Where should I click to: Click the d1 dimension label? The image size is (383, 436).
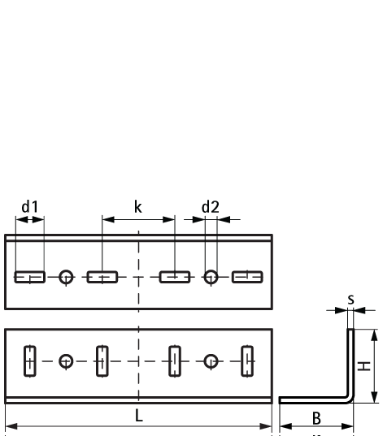[30, 207]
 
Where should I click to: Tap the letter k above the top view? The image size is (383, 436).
[138, 207]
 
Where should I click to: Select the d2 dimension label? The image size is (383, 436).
[211, 207]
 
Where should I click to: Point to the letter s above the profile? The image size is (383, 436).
[351, 300]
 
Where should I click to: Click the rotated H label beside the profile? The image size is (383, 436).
[364, 366]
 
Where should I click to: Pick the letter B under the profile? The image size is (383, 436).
[316, 418]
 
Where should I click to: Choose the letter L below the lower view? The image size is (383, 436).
[139, 416]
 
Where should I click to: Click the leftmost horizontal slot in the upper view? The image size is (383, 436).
[30, 277]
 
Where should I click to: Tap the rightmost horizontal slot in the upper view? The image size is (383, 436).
[247, 277]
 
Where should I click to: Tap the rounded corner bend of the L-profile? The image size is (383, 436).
[350, 399]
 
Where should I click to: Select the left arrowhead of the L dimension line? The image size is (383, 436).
[11, 426]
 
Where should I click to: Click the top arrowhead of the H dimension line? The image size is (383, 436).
[375, 335]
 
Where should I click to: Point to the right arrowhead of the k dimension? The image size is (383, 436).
[169, 220]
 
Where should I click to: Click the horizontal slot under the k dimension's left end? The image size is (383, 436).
[102, 277]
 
